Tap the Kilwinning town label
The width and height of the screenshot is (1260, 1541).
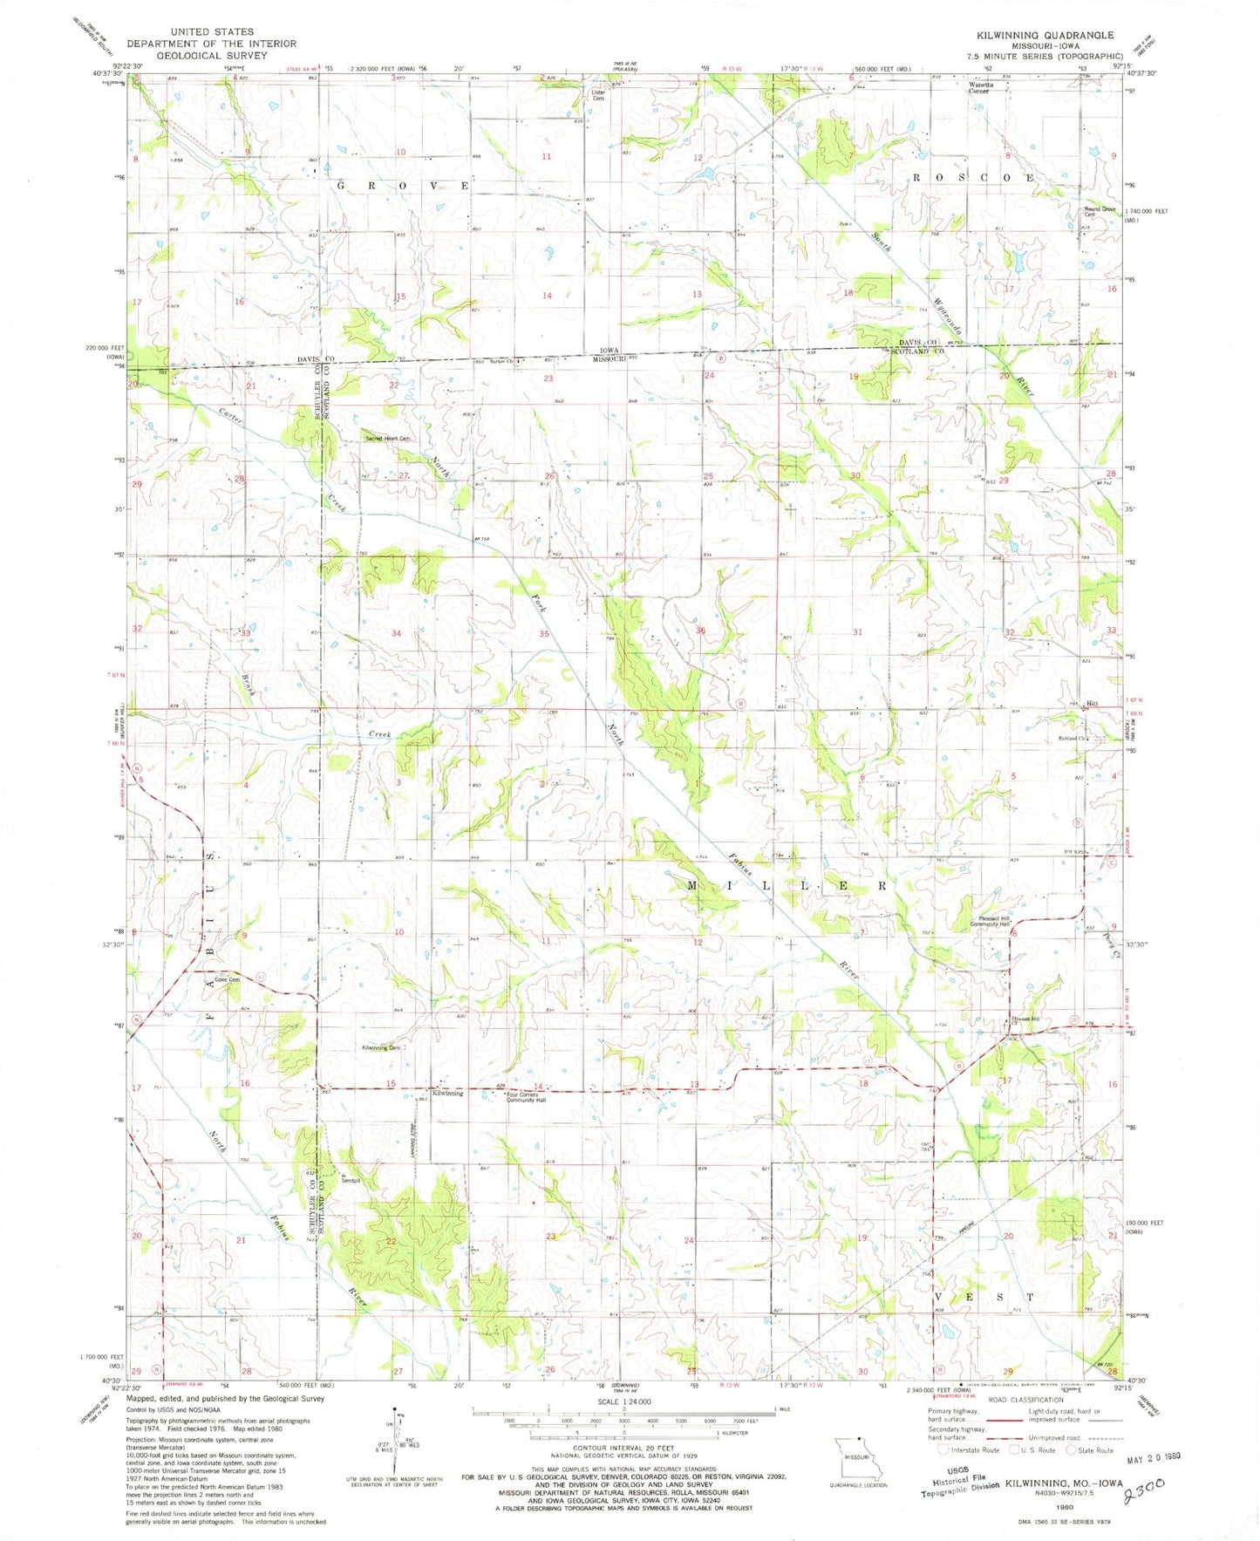447,1094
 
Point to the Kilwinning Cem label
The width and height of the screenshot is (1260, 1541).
381,1047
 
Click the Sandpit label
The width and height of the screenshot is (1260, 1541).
350,1182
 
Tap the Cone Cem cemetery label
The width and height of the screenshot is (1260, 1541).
228,979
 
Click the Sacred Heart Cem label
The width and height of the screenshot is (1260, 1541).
387,439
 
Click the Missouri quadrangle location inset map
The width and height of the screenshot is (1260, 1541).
859,1459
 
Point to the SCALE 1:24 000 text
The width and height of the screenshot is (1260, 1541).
624,1401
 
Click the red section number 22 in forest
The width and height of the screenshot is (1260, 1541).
392,1241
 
